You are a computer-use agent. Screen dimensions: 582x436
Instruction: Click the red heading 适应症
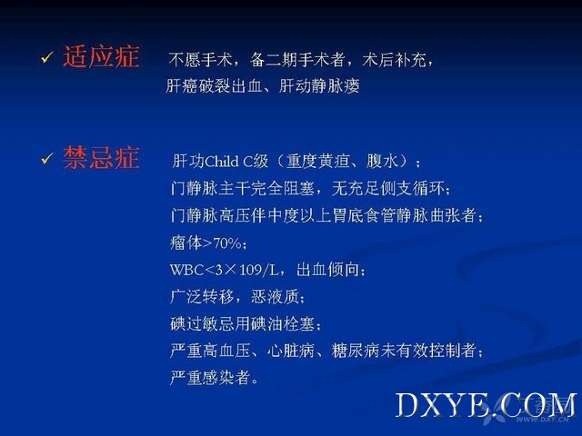click(x=101, y=56)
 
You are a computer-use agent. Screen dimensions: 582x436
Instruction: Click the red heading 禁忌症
click(x=101, y=157)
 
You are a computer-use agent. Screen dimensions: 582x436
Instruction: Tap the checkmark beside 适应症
click(x=46, y=57)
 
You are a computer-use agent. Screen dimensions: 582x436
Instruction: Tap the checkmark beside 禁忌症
click(x=46, y=158)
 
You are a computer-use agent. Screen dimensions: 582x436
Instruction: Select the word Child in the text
click(x=222, y=162)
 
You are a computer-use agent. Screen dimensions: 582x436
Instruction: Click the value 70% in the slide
click(x=227, y=243)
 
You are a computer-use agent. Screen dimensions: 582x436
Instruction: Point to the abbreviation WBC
click(x=187, y=270)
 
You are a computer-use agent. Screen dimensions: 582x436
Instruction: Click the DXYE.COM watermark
click(x=486, y=405)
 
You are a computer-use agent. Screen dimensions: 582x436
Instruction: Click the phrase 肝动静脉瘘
click(x=319, y=86)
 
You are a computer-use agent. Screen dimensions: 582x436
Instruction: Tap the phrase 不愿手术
click(x=200, y=59)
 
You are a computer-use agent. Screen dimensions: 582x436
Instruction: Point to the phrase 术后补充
click(x=394, y=59)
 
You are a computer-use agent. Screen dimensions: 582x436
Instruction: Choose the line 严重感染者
click(x=210, y=378)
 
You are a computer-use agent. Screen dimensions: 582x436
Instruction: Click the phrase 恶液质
click(x=275, y=297)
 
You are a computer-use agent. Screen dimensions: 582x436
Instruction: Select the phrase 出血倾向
click(x=327, y=270)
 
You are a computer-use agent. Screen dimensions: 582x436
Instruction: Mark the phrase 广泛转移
click(x=202, y=297)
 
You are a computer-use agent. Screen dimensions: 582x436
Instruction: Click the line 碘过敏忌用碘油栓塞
click(x=243, y=323)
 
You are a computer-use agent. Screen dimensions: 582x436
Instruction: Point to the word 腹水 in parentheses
click(x=382, y=162)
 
